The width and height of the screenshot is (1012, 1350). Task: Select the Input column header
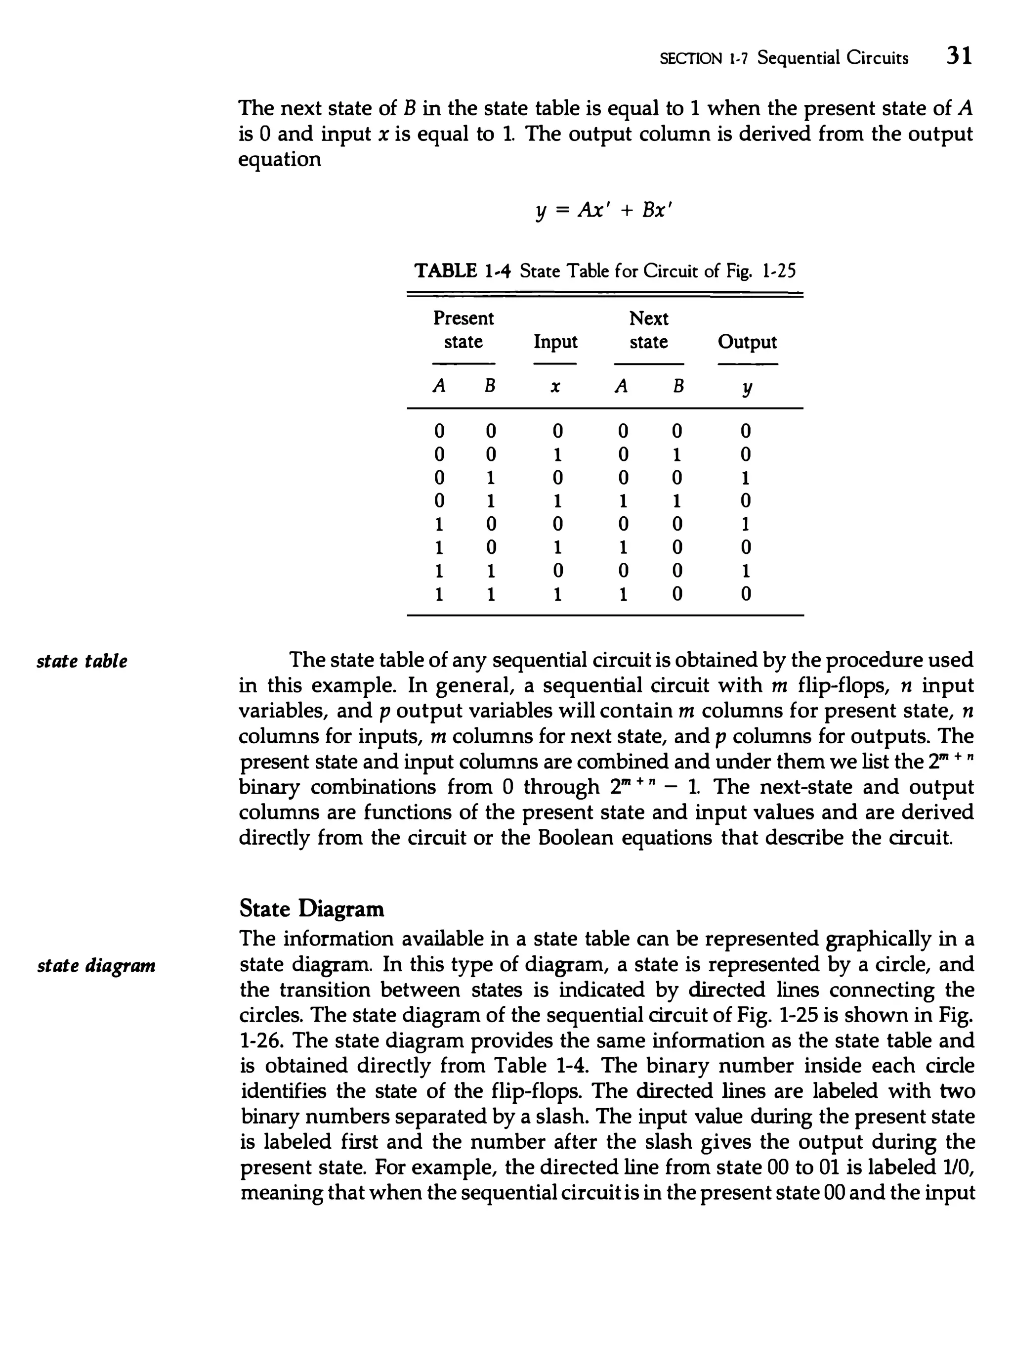(x=555, y=342)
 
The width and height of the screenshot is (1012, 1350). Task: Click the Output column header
(x=747, y=342)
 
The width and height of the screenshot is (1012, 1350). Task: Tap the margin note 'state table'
(x=82, y=661)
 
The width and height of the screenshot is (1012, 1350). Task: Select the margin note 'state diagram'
(x=96, y=965)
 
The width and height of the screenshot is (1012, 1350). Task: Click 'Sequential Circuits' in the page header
(x=832, y=58)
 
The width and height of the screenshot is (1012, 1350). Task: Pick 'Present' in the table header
(x=463, y=318)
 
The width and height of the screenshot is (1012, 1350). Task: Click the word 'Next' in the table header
(x=648, y=318)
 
